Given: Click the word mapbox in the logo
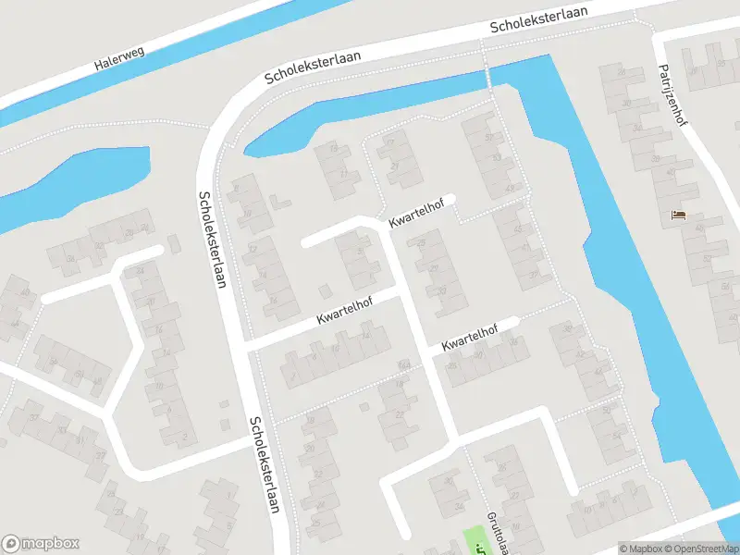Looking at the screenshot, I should pos(50,544).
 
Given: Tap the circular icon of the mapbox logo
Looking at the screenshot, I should pos(11,544).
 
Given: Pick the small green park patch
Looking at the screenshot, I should pos(474,540).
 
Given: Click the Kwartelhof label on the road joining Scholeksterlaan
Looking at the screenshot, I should pos(343,310).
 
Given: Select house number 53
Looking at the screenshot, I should pos(498,158).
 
